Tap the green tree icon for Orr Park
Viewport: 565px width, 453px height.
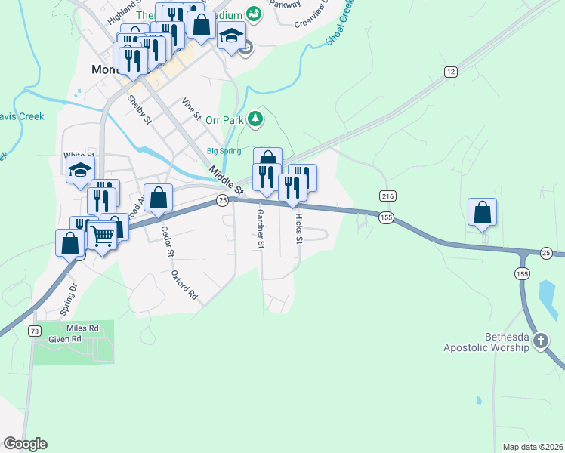pyautogui.click(x=256, y=118)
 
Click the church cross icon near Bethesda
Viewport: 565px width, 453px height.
pyautogui.click(x=540, y=341)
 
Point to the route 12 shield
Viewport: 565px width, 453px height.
pyautogui.click(x=451, y=72)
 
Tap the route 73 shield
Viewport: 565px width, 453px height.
pyautogui.click(x=34, y=331)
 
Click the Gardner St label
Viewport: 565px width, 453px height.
pyautogui.click(x=260, y=229)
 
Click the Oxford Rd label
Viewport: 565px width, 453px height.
pyautogui.click(x=184, y=285)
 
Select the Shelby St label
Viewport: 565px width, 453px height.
pyautogui.click(x=140, y=110)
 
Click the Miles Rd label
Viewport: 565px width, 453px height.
pyautogui.click(x=83, y=328)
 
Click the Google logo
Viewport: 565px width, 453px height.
pyautogui.click(x=25, y=444)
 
